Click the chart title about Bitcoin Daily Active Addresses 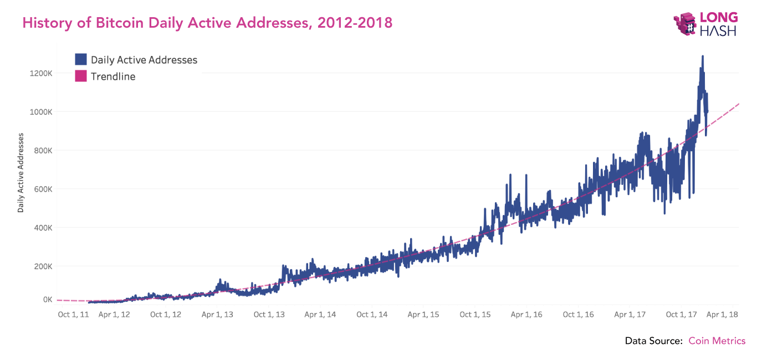(x=207, y=23)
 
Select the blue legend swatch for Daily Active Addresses (x=81, y=60)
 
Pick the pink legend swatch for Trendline (x=81, y=76)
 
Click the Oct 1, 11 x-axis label (x=73, y=315)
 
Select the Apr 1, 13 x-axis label (x=217, y=315)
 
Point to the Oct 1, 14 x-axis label (x=372, y=315)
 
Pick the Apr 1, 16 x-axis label (x=526, y=315)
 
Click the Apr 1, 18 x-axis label (x=723, y=315)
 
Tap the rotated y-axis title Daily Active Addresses (x=21, y=173)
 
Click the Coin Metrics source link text (x=717, y=341)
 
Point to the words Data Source (x=653, y=341)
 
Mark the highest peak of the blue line (x=703, y=56)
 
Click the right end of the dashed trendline (x=739, y=104)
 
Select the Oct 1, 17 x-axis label (x=681, y=315)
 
